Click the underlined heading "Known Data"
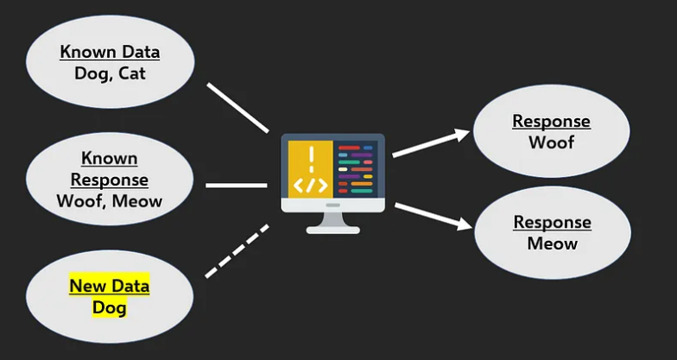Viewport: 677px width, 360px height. pyautogui.click(x=110, y=52)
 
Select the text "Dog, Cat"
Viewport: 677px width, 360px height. pyautogui.click(x=110, y=73)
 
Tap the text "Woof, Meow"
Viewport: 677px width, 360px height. pyautogui.click(x=110, y=201)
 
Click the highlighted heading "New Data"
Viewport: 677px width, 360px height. pyautogui.click(x=110, y=286)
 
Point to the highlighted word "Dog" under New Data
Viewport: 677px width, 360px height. pyautogui.click(x=110, y=306)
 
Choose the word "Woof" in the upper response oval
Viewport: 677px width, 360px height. pyautogui.click(x=551, y=142)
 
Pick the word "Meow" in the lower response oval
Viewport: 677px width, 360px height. pyautogui.click(x=553, y=243)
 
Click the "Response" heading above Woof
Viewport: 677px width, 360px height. pyautogui.click(x=551, y=122)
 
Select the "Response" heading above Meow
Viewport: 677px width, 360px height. pyautogui.click(x=553, y=222)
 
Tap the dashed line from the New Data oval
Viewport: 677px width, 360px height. pyautogui.click(x=237, y=251)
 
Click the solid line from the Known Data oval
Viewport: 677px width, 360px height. pyautogui.click(x=237, y=107)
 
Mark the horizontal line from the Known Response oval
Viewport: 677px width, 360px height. pyautogui.click(x=236, y=185)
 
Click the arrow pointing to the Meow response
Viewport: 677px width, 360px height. pyautogui.click(x=433, y=216)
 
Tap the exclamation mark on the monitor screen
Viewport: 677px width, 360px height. pyautogui.click(x=311, y=158)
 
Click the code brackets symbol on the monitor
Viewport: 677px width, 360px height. pyautogui.click(x=311, y=186)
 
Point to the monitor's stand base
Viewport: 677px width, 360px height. pyautogui.click(x=333, y=228)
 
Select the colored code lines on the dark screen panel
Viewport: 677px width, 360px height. pyautogui.click(x=356, y=169)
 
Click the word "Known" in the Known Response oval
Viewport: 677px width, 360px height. pyautogui.click(x=110, y=159)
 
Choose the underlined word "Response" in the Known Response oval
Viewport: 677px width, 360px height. pyautogui.click(x=110, y=180)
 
